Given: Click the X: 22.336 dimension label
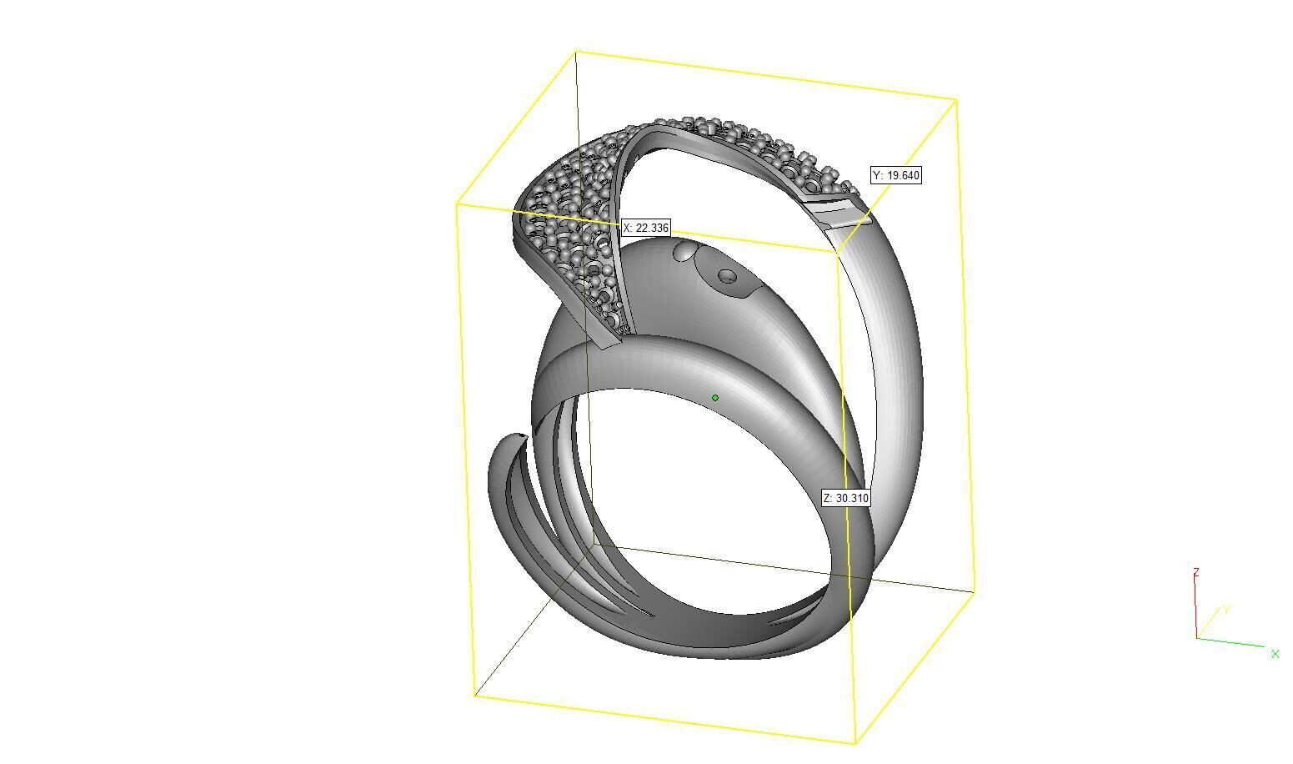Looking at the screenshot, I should pyautogui.click(x=646, y=228).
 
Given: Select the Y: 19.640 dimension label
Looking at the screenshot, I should pyautogui.click(x=896, y=175).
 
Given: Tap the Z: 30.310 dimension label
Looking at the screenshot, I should pyautogui.click(x=846, y=498).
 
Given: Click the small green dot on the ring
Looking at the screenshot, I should pyautogui.click(x=715, y=398).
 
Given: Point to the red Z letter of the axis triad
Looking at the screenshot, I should pyautogui.click(x=1196, y=572).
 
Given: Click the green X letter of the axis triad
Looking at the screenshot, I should pyautogui.click(x=1275, y=654).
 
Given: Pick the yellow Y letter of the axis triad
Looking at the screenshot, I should pyautogui.click(x=1227, y=610).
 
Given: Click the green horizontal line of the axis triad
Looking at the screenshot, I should pyautogui.click(x=1230, y=641).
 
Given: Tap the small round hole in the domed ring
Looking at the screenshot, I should pyautogui.click(x=728, y=275).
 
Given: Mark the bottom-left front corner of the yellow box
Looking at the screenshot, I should pyautogui.click(x=475, y=695).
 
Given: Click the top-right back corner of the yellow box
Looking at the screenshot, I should pyautogui.click(x=955, y=100).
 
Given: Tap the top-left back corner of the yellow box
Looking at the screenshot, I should pyautogui.click(x=576, y=52).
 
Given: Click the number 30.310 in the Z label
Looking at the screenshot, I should pyautogui.click(x=853, y=498).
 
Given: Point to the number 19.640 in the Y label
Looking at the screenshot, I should pyautogui.click(x=903, y=175).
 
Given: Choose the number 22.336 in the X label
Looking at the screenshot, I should pyautogui.click(x=653, y=228).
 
